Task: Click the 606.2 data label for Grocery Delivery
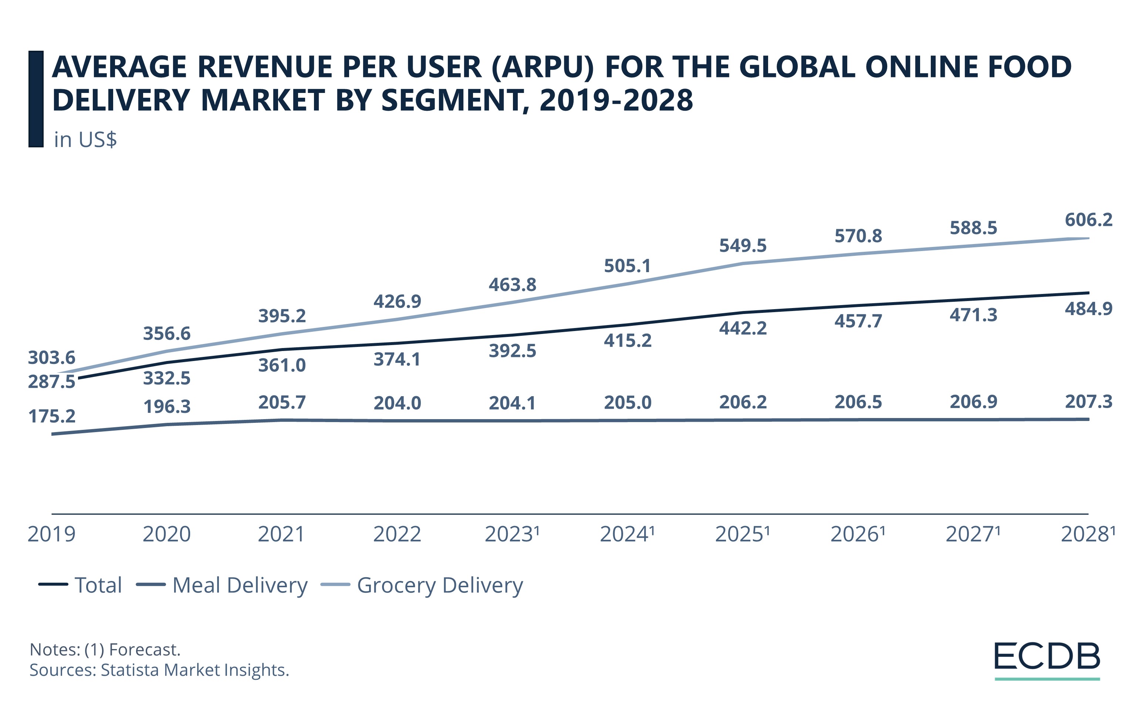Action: click(1088, 220)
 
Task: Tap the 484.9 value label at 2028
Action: click(1088, 309)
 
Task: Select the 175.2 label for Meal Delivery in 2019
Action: click(52, 416)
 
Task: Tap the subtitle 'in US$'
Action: click(85, 140)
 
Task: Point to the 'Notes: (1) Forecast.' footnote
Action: click(105, 649)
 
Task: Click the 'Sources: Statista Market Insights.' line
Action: click(159, 670)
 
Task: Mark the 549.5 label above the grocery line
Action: click(743, 246)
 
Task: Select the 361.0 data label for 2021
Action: click(282, 365)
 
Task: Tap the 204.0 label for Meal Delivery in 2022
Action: click(397, 403)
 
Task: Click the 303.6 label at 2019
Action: click(52, 357)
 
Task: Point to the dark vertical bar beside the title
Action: click(36, 99)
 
